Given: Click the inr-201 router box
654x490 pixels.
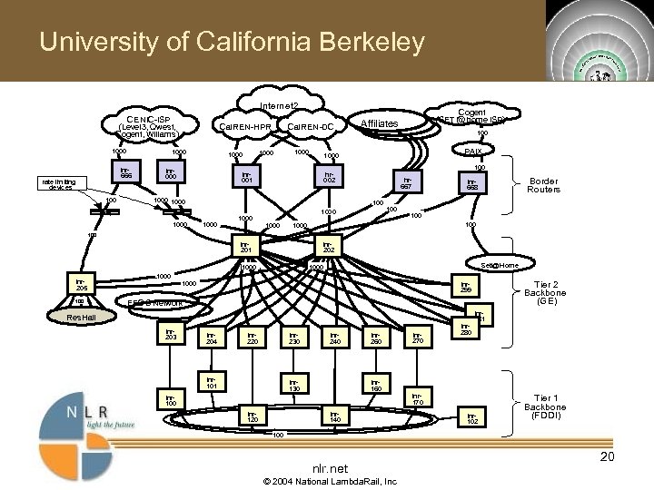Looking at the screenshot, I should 244,247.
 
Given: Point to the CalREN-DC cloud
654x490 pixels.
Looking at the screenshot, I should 309,125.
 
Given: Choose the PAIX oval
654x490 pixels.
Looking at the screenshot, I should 472,151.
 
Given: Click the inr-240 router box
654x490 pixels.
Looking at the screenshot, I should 334,338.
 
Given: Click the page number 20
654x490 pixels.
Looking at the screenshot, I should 608,456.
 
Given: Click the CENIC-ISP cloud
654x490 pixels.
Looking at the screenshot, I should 148,126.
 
